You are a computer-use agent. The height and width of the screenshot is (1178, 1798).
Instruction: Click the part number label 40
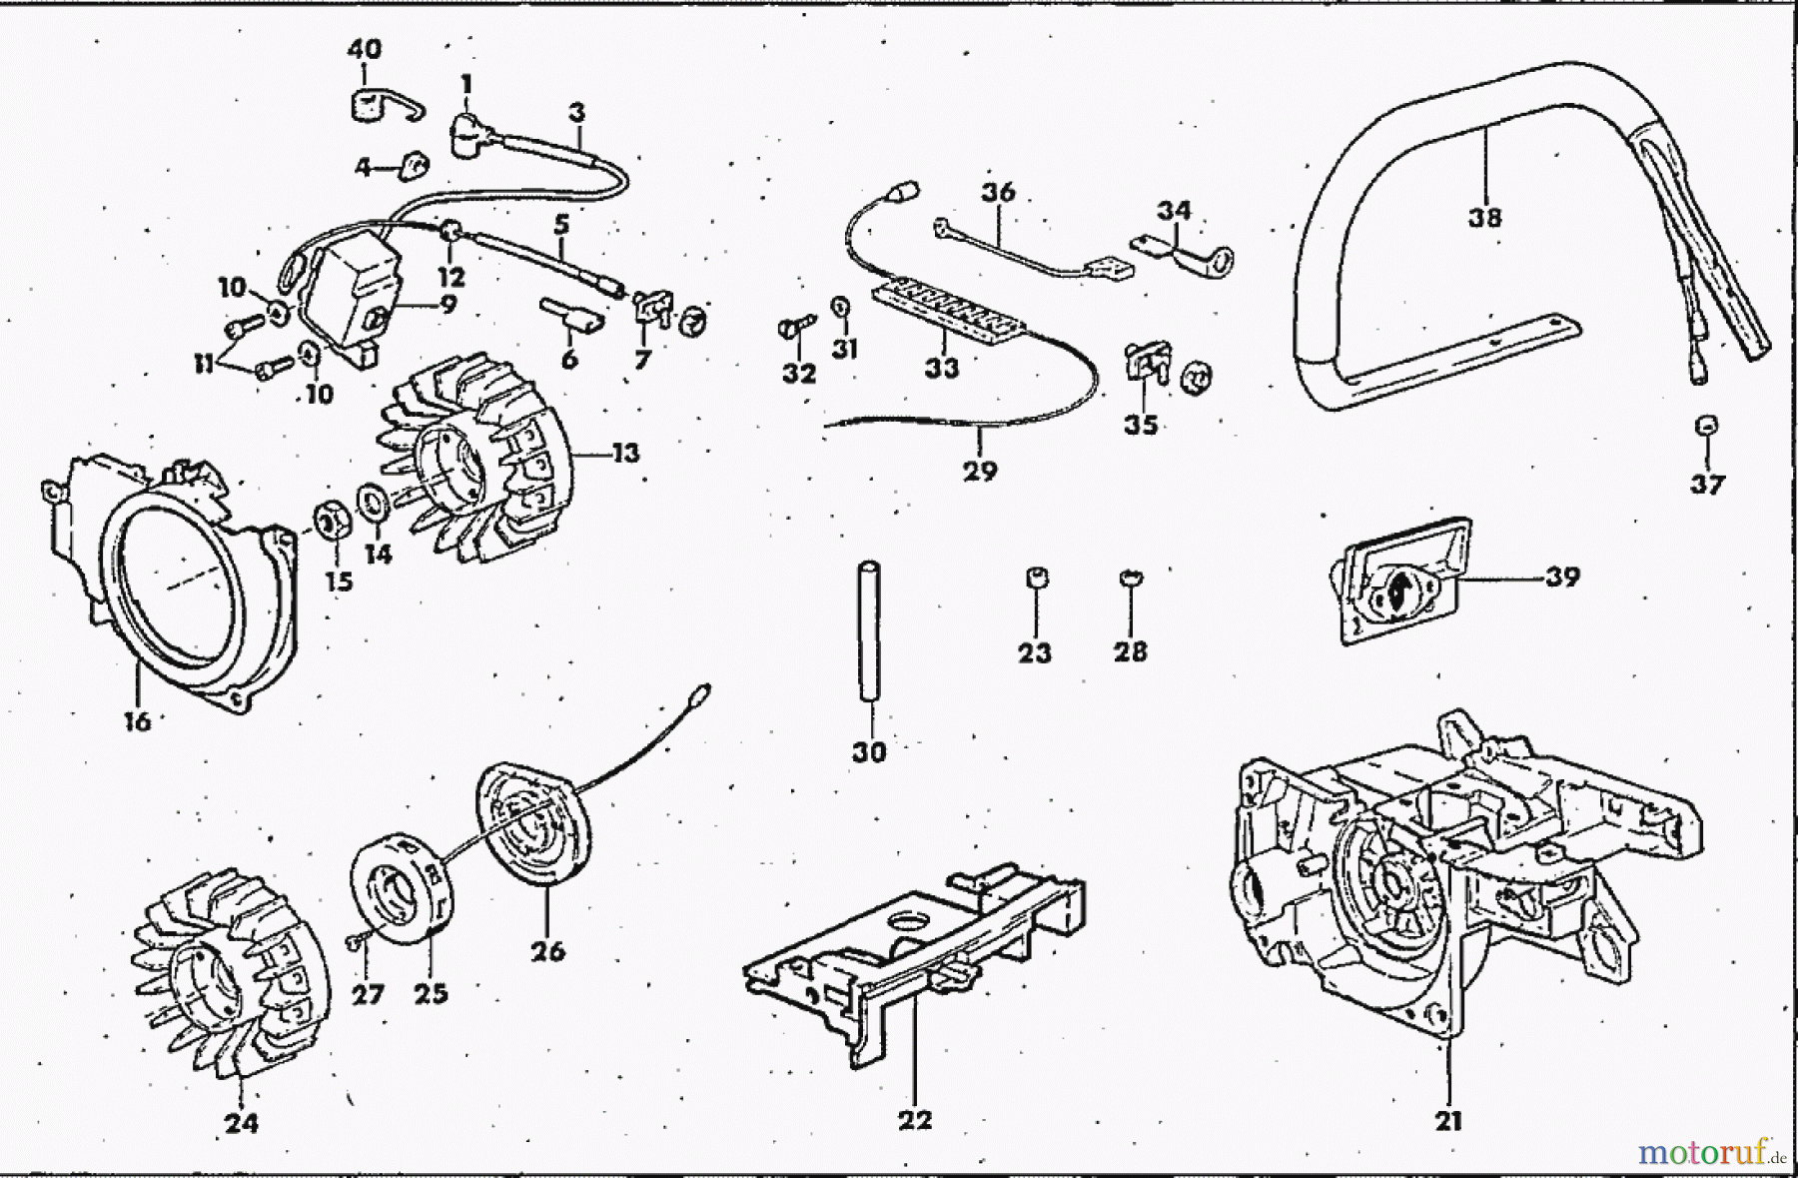coord(364,49)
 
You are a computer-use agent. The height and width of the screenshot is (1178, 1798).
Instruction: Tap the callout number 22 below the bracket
coord(914,1119)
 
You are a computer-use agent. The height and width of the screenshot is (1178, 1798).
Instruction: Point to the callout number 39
coord(1562,577)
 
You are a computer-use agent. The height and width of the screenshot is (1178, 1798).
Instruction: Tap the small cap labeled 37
coord(1707,427)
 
